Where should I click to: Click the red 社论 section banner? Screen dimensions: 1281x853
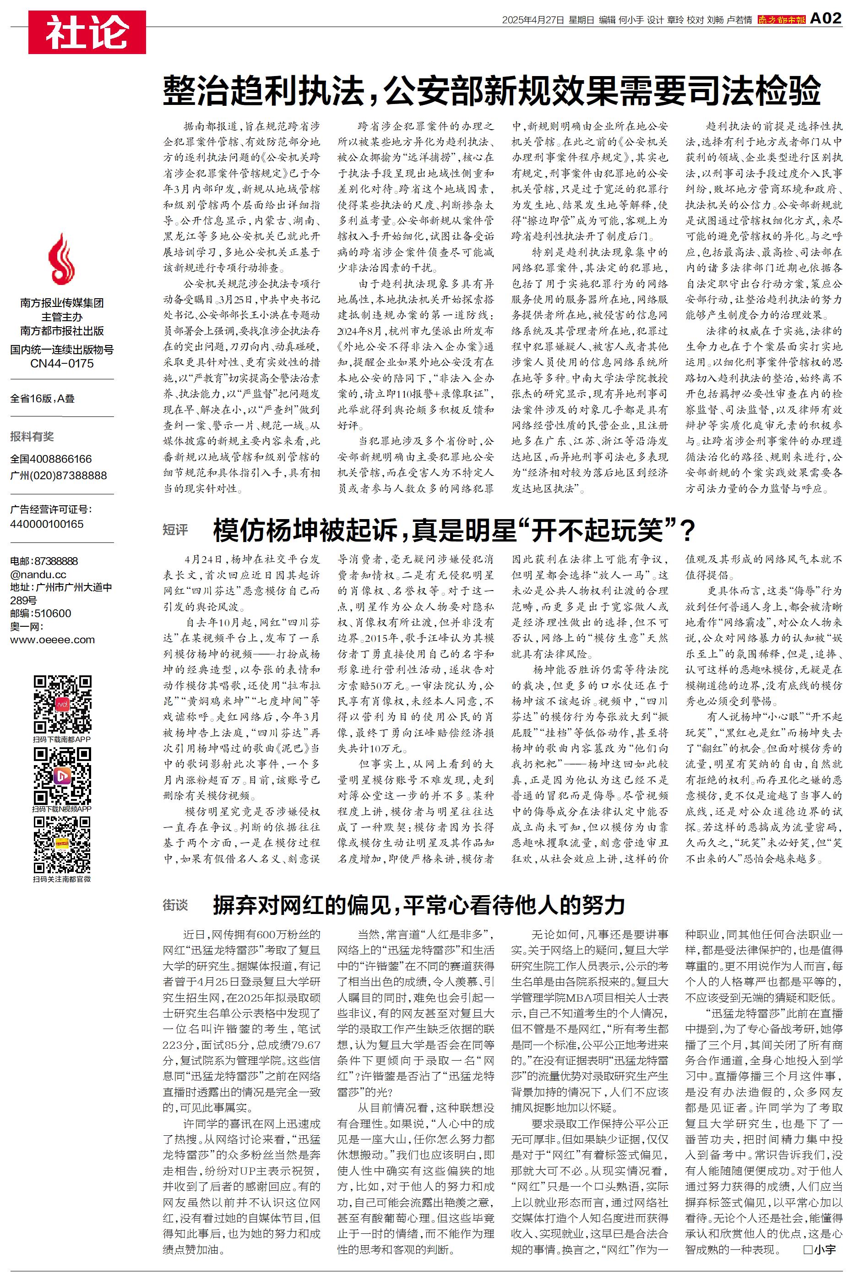[x=87, y=32]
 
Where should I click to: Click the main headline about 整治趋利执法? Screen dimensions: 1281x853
[x=492, y=91]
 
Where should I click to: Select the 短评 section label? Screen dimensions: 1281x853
[x=175, y=530]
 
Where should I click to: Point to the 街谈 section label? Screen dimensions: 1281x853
[x=175, y=905]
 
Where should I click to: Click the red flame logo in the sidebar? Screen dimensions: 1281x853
[x=61, y=260]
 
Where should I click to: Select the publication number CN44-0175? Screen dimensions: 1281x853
[x=61, y=363]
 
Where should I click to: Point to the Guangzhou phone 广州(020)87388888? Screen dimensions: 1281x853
[x=59, y=475]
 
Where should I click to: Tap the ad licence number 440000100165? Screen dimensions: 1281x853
[x=47, y=524]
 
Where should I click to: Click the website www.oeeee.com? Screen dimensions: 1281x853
[x=52, y=640]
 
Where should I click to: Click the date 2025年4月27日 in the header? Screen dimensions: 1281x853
[x=532, y=20]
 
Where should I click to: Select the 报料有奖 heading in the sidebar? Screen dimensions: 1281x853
[x=32, y=437]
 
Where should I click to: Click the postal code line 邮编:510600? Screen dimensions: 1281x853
[x=40, y=613]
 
